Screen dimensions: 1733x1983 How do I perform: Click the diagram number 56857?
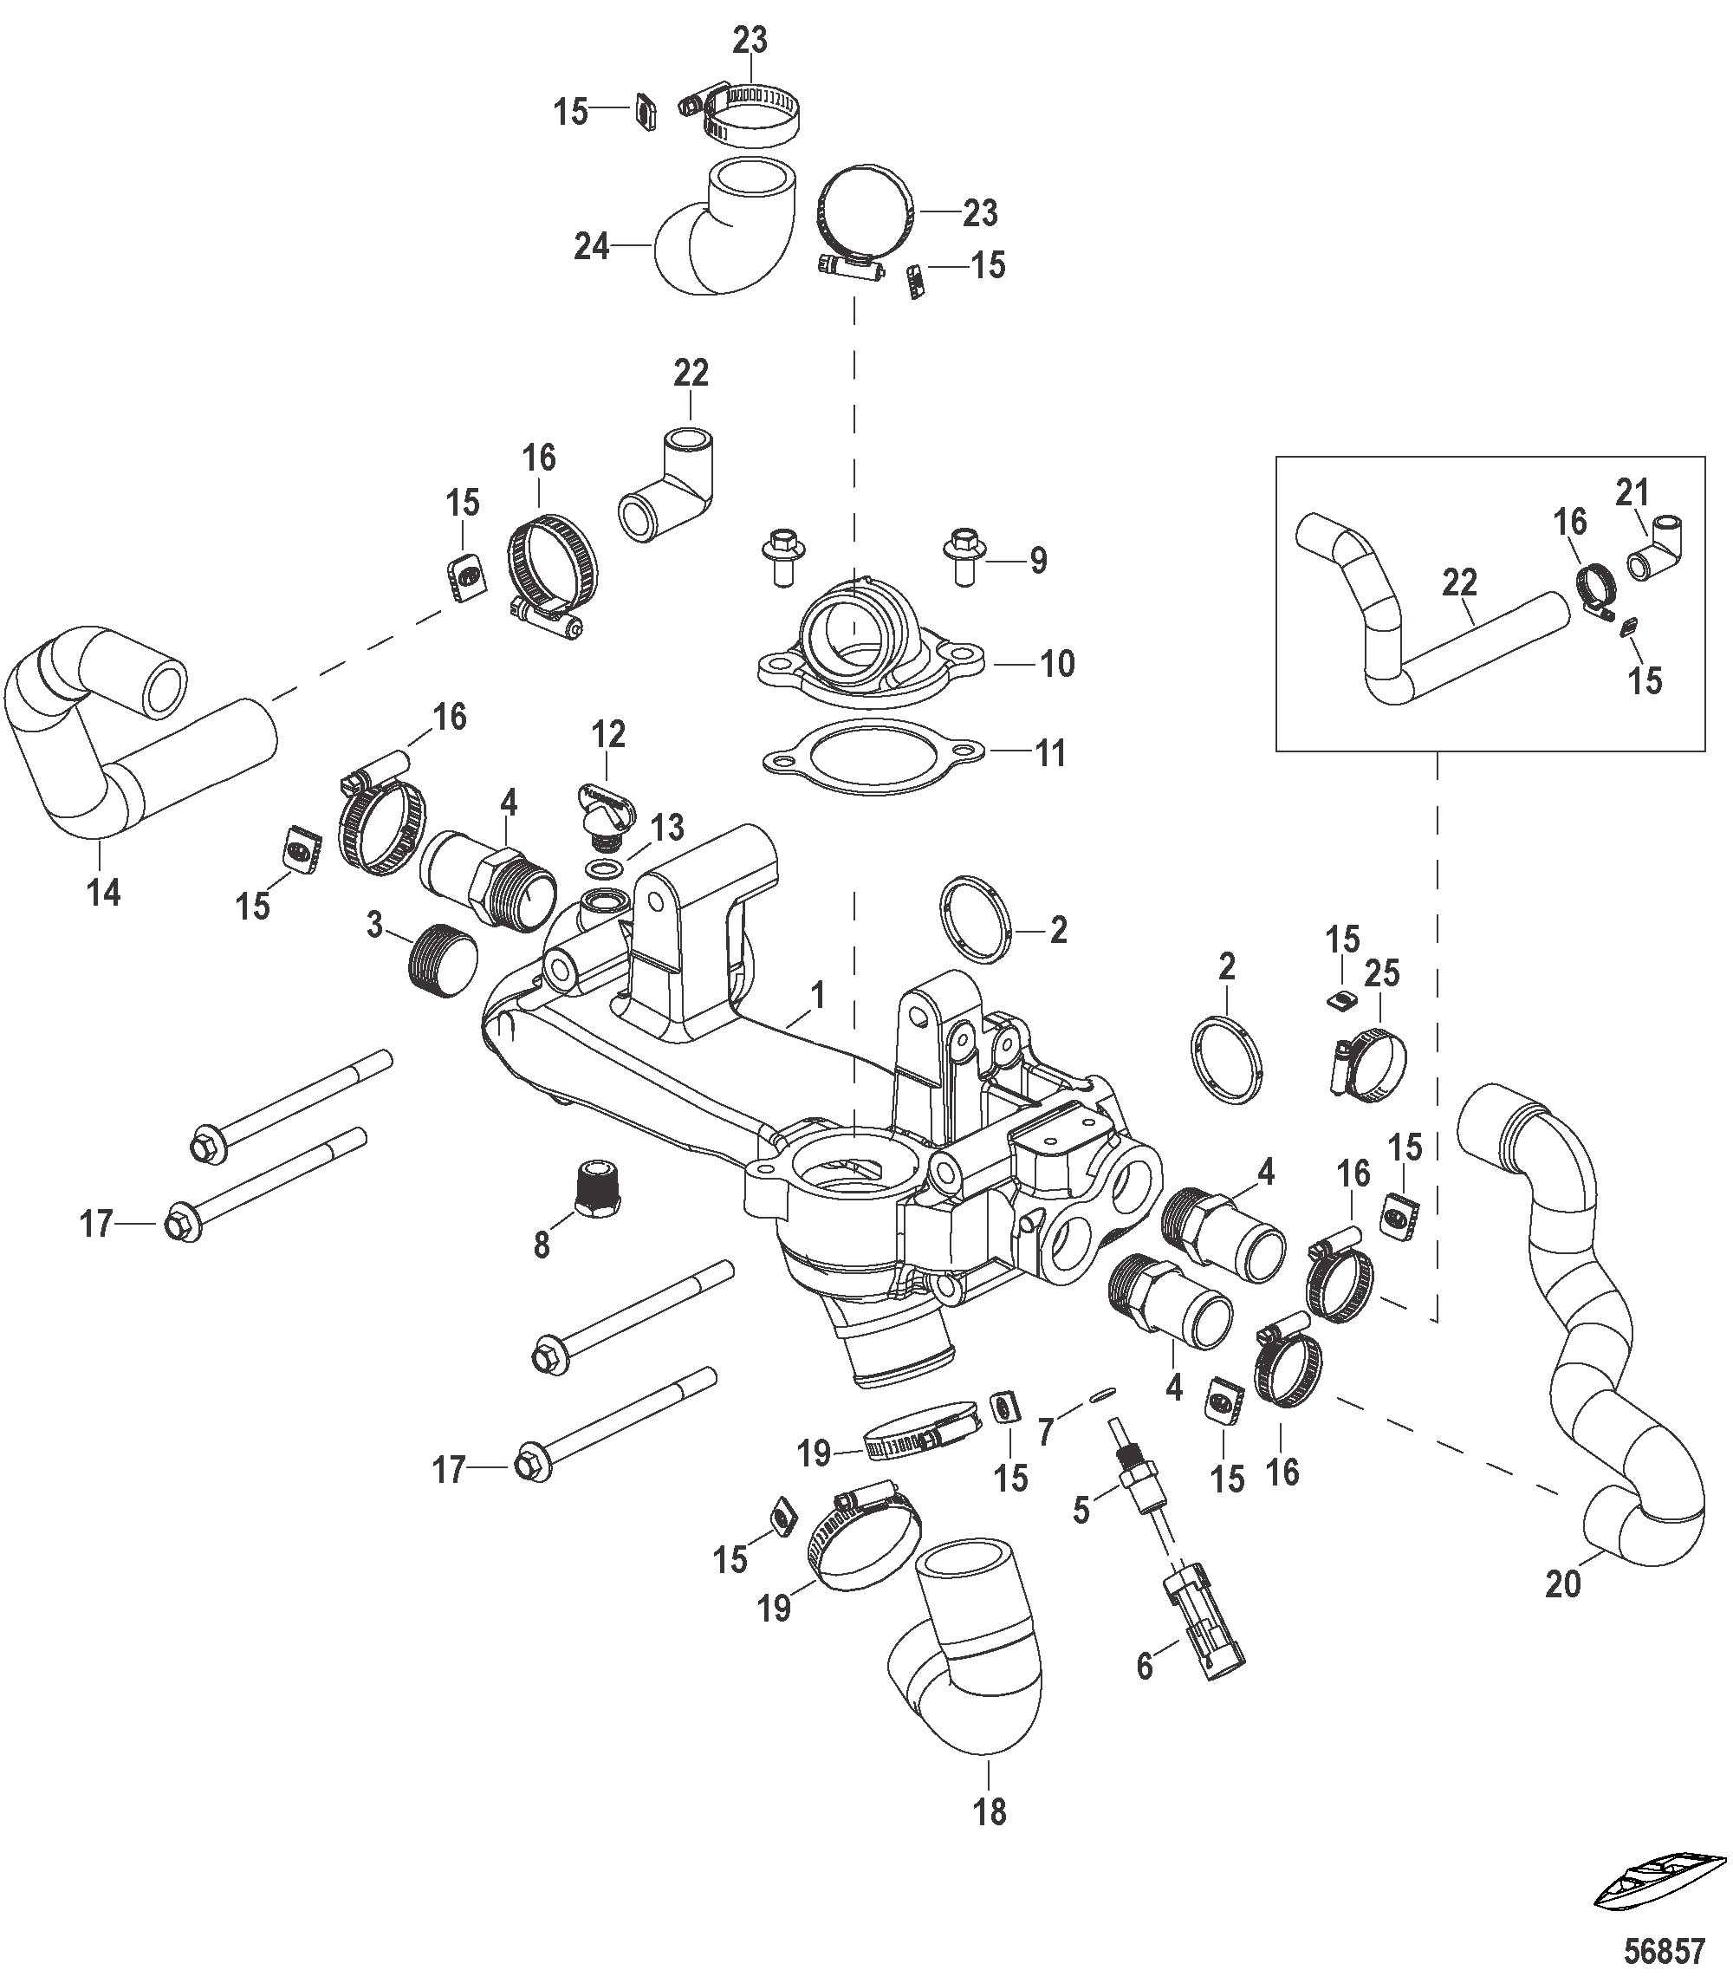pos(1664,1951)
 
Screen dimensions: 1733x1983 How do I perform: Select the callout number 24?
pos(591,247)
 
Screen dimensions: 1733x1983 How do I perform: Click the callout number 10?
pos(1057,665)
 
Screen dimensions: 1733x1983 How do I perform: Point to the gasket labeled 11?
pos(874,757)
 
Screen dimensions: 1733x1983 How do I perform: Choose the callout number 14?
pos(103,892)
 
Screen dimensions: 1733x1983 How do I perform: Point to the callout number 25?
pos(1381,973)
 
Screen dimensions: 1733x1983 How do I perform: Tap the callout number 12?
pos(608,734)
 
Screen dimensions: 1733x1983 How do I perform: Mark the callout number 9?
pos(1038,560)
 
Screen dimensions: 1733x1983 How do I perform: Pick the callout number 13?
pos(666,828)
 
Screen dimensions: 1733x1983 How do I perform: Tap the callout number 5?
pos(1081,1510)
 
